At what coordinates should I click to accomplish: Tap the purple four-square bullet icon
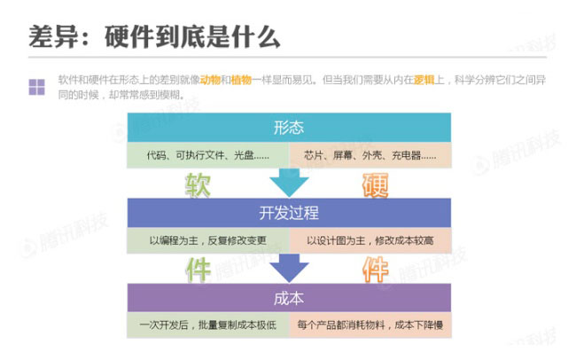36,86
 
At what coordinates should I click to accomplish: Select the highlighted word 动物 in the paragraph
211,79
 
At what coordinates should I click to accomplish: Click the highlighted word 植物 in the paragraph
241,79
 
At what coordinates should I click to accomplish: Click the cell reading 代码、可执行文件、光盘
207,155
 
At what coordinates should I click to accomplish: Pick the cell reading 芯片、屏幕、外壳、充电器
371,155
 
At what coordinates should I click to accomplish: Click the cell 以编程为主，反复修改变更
207,240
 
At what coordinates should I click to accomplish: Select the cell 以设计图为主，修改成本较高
371,240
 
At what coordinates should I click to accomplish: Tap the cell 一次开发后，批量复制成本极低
207,325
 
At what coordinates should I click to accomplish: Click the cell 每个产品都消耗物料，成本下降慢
371,325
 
